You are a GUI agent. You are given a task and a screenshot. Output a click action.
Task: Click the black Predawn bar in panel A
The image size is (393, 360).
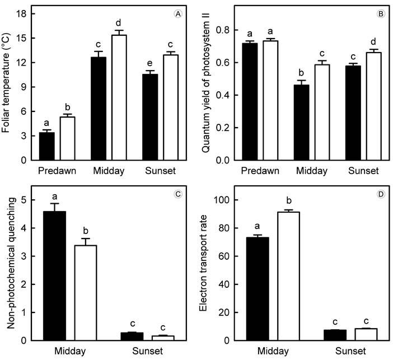[x=46, y=147]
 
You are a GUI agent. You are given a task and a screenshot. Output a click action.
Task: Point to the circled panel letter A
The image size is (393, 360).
[x=178, y=15]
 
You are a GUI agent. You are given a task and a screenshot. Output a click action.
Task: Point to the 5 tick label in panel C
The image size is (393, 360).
[x=22, y=200]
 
